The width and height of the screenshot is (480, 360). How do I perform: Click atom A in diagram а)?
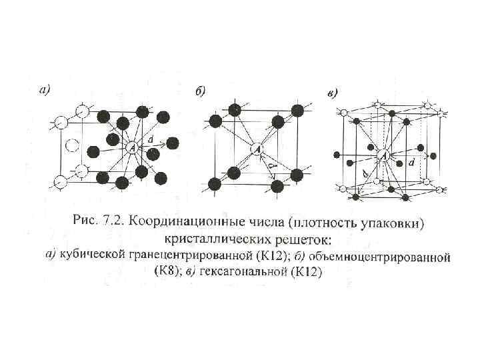click(131, 147)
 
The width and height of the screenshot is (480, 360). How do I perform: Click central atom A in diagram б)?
click(257, 150)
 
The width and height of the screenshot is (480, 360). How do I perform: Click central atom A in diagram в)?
click(383, 155)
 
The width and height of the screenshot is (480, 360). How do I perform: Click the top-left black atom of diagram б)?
click(215, 121)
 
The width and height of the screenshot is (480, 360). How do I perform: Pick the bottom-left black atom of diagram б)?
click(215, 183)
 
